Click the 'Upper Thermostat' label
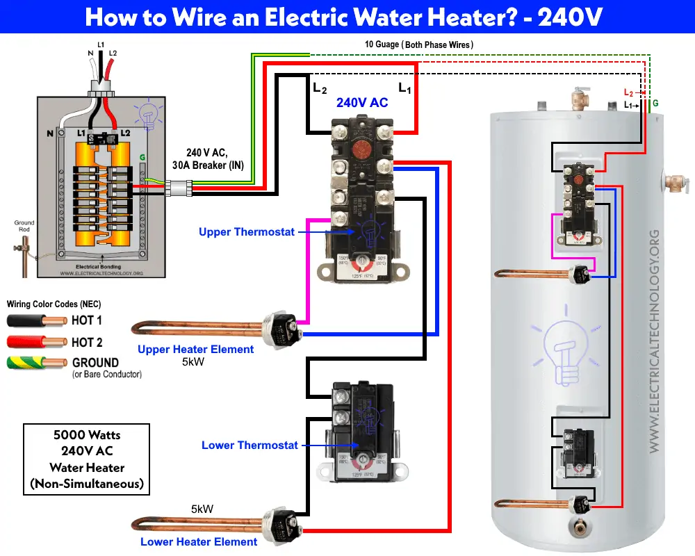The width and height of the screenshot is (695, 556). pyautogui.click(x=246, y=231)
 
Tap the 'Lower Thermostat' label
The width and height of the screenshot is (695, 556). pyautogui.click(x=250, y=445)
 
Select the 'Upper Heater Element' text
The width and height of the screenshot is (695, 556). pyautogui.click(x=195, y=349)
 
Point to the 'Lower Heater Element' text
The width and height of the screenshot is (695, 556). pyautogui.click(x=199, y=541)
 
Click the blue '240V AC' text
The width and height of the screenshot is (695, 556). pyautogui.click(x=362, y=102)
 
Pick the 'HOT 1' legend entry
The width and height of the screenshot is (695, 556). pyautogui.click(x=87, y=320)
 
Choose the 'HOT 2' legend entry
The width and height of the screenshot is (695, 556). pyautogui.click(x=87, y=342)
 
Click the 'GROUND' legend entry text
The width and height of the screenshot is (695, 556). pyautogui.click(x=95, y=362)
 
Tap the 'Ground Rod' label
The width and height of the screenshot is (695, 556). pyautogui.click(x=24, y=227)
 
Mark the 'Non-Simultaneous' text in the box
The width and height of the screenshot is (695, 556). pyautogui.click(x=87, y=484)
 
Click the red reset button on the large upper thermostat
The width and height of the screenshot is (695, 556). pyautogui.click(x=360, y=130)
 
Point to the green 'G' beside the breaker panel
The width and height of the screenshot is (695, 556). pyautogui.click(x=143, y=158)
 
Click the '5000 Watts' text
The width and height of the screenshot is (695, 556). pyautogui.click(x=87, y=435)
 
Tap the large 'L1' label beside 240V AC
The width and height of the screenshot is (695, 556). pyautogui.click(x=404, y=88)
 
